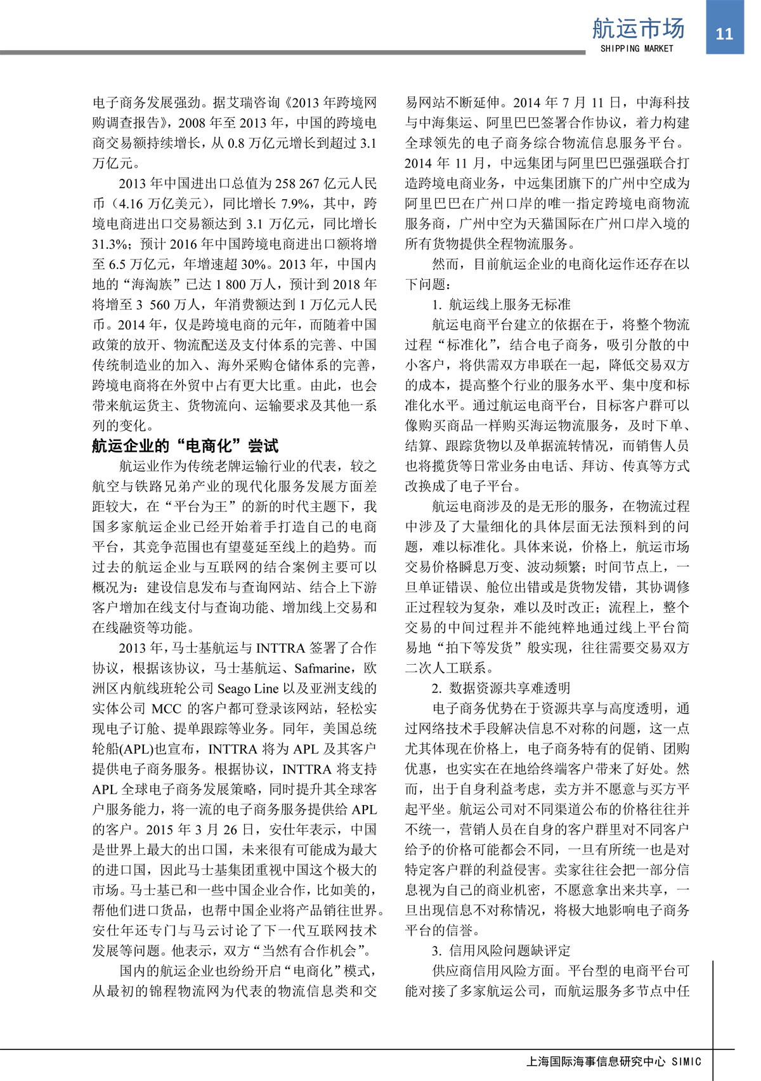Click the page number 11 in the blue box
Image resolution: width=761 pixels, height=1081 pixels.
[x=724, y=34]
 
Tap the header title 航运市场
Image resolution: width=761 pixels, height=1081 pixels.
[x=638, y=29]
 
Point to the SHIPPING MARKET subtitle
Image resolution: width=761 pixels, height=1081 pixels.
[x=637, y=49]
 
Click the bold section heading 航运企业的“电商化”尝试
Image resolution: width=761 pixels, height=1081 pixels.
[x=185, y=445]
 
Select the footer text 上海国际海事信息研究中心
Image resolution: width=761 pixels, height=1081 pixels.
[x=595, y=1061]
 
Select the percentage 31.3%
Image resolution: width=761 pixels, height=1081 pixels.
[x=112, y=244]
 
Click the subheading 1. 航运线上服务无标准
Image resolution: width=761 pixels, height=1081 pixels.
[x=501, y=305]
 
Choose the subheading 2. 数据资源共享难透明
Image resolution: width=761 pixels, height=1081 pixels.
[x=501, y=688]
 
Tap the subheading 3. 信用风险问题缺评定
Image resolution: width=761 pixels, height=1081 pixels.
[x=501, y=950]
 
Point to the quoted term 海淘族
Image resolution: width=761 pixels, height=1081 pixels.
[x=152, y=284]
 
